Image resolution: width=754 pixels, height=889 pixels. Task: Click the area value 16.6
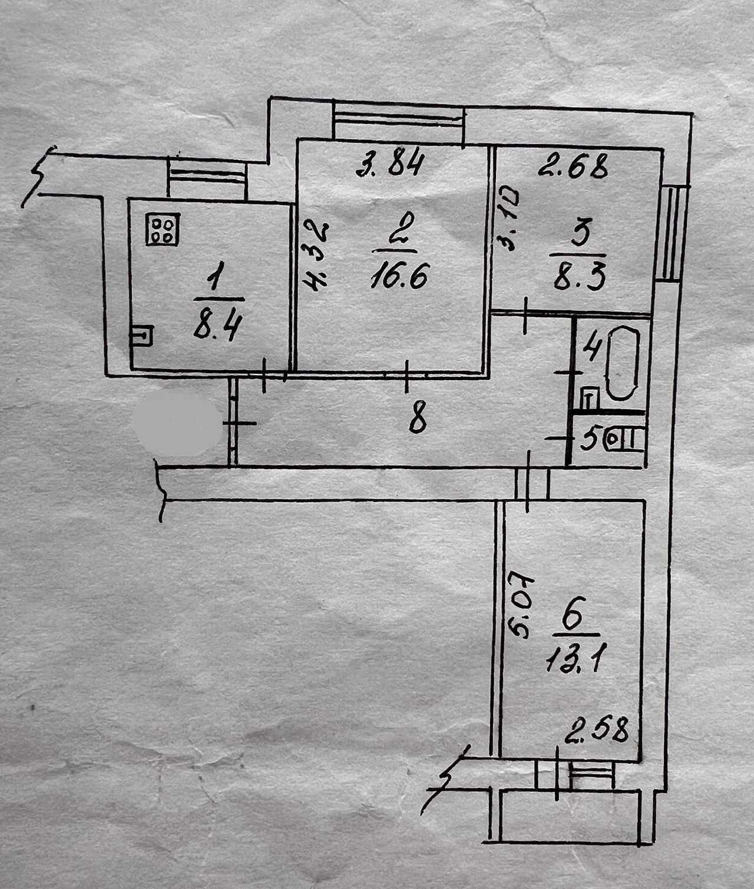[398, 274]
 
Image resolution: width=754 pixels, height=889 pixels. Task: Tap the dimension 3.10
[507, 219]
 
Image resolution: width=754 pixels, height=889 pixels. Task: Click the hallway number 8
[418, 420]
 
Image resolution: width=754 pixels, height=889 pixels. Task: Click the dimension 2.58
[596, 731]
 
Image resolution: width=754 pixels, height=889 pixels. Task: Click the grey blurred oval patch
[177, 423]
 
